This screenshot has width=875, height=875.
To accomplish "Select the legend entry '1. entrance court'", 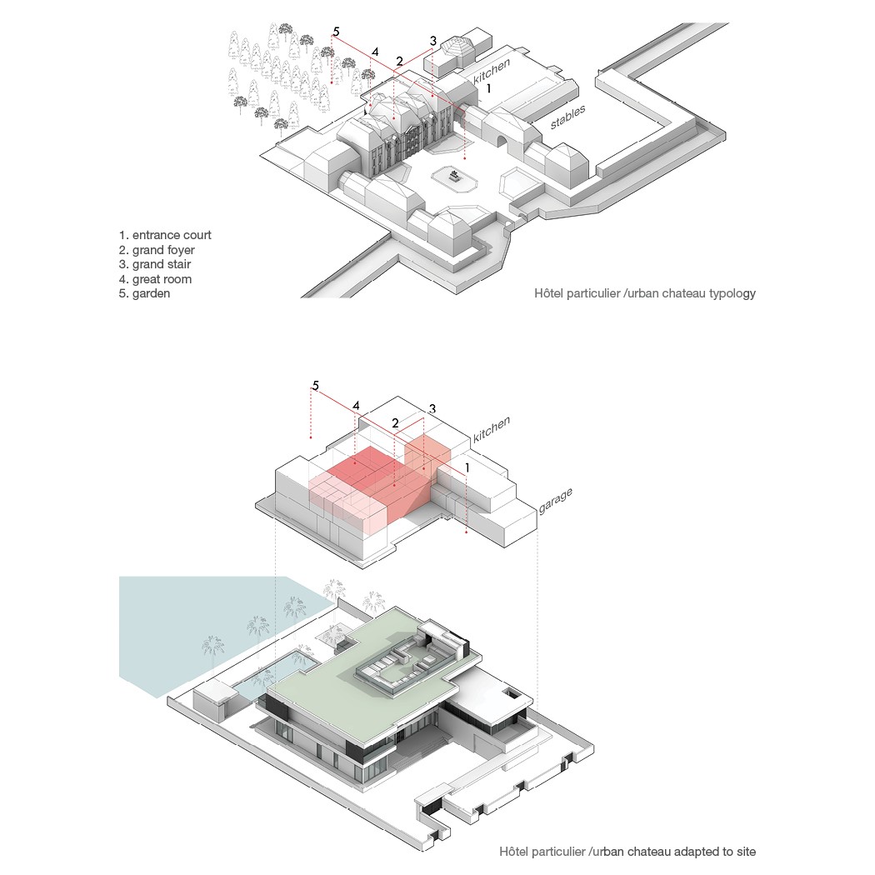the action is click(x=165, y=235).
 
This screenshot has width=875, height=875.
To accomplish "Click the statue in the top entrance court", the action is click(x=454, y=177).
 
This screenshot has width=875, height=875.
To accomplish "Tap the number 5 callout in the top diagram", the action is click(x=336, y=32).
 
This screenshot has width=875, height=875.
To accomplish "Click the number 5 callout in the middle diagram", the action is click(x=315, y=386).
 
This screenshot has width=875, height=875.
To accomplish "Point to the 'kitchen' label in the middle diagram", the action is click(x=491, y=429).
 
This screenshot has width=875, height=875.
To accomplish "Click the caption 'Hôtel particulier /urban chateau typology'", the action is click(x=644, y=293).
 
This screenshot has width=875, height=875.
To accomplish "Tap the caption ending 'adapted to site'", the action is click(x=627, y=852).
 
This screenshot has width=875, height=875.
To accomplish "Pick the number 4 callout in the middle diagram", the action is click(x=356, y=406).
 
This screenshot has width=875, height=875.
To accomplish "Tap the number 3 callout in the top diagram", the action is click(x=433, y=41).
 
